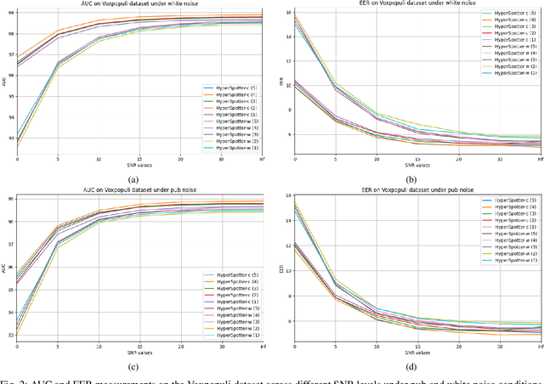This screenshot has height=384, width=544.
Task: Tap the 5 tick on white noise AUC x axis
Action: tap(58, 159)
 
